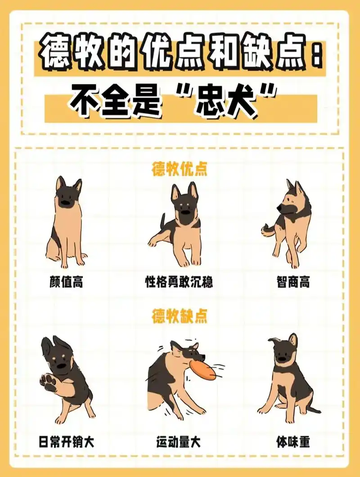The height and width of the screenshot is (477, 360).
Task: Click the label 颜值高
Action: pyautogui.click(x=66, y=282)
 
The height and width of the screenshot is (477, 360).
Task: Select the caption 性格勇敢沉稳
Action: pyautogui.click(x=179, y=282)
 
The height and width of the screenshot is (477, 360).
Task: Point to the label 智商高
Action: pyautogui.click(x=293, y=282)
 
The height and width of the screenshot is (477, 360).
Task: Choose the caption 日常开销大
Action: pyautogui.click(x=66, y=442)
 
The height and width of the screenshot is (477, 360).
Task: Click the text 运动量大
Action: pyautogui.click(x=179, y=442)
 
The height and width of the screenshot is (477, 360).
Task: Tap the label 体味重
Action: pyautogui.click(x=293, y=442)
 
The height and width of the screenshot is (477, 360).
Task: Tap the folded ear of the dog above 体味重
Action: pyautogui.click(x=274, y=340)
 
